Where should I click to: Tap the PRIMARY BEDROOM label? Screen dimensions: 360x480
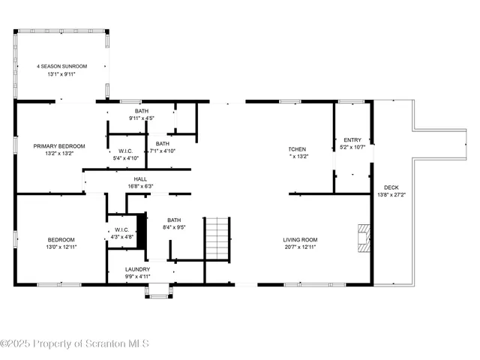click(x=59, y=145)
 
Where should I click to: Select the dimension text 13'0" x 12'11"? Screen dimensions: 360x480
click(x=63, y=247)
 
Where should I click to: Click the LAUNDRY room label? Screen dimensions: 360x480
click(x=137, y=268)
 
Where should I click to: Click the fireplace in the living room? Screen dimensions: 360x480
click(x=364, y=237)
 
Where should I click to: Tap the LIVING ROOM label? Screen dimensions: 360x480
click(x=299, y=240)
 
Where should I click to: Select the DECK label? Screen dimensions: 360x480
click(x=391, y=187)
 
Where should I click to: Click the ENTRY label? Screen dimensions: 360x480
click(x=352, y=140)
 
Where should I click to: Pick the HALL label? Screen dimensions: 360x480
click(x=140, y=179)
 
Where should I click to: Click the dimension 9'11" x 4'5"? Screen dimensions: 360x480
click(x=142, y=118)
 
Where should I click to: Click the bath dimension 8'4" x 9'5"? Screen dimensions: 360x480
click(x=173, y=226)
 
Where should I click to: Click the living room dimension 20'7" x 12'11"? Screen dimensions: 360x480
click(x=299, y=247)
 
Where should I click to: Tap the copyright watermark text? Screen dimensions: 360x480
click(x=75, y=343)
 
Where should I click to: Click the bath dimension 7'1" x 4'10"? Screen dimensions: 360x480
click(x=162, y=151)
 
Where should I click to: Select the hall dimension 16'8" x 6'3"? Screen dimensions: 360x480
click(x=140, y=186)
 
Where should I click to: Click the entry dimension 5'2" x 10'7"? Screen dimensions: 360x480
click(x=352, y=147)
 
